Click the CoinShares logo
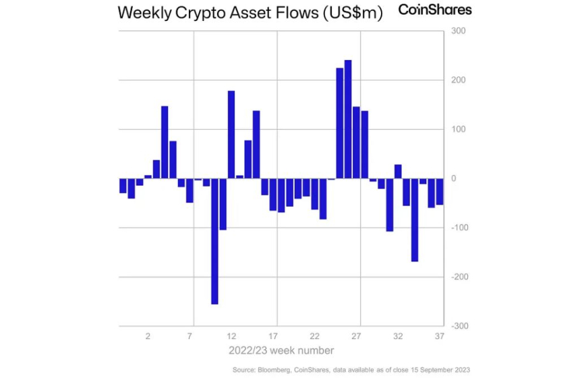(435, 9)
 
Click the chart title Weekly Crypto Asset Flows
(250, 13)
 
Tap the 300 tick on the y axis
(457, 31)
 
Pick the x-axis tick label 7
(190, 336)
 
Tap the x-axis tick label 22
(315, 336)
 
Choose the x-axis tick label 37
(440, 336)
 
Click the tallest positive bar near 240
(348, 119)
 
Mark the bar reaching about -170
(415, 220)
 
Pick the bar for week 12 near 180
(231, 134)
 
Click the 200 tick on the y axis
(457, 80)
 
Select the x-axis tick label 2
(148, 336)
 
